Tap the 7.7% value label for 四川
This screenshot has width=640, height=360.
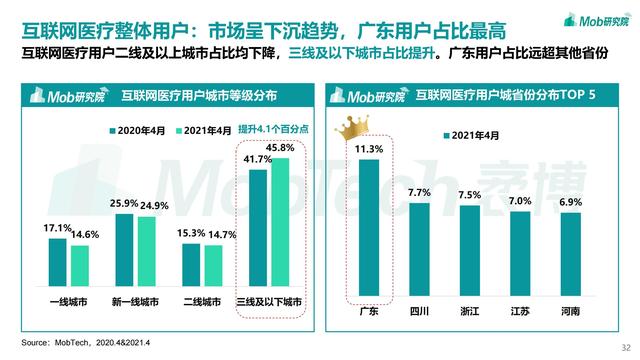click(419, 192)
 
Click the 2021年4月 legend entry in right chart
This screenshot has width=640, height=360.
click(485, 133)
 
